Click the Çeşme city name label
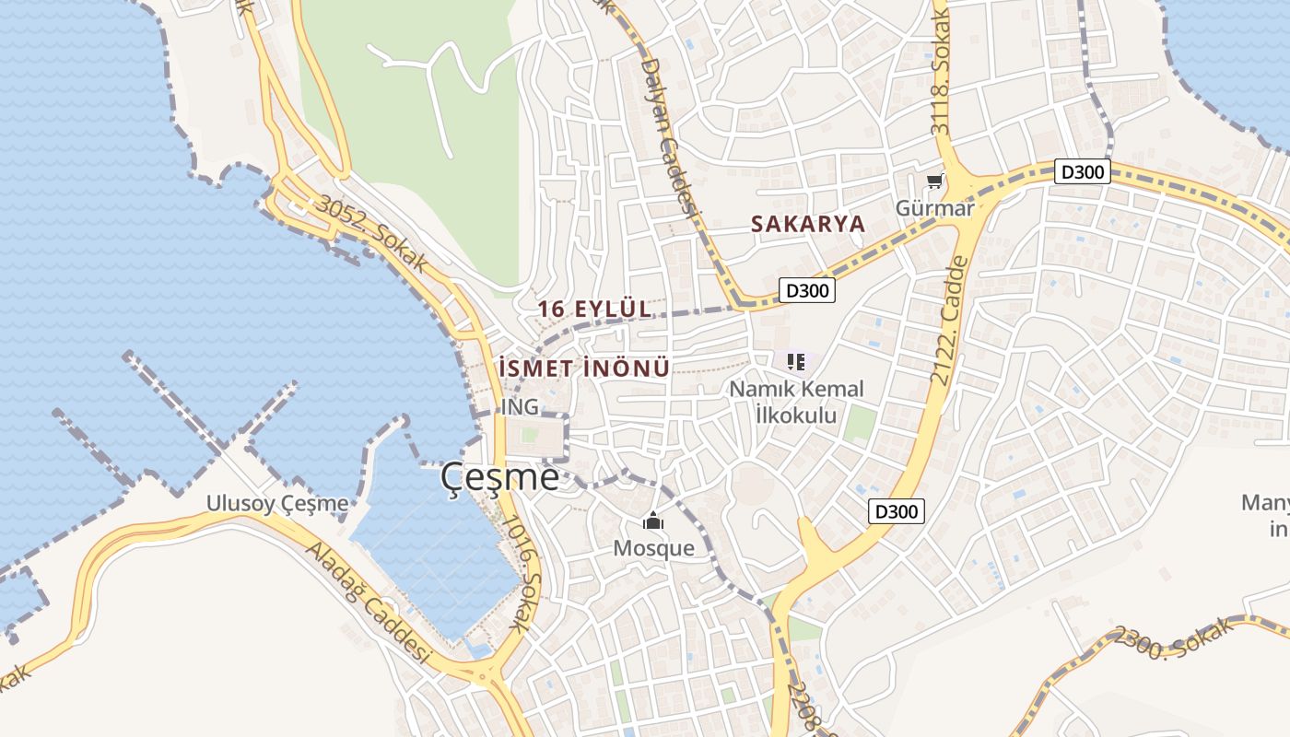499,476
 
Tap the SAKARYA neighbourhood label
807,224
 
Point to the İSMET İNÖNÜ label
582,368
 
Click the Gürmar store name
934,208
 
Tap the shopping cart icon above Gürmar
935,181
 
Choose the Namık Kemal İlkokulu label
796,402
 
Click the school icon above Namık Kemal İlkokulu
796,362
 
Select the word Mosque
653,548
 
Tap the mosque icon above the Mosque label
653,522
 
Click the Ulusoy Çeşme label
277,503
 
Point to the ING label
520,406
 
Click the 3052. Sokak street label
371,234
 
